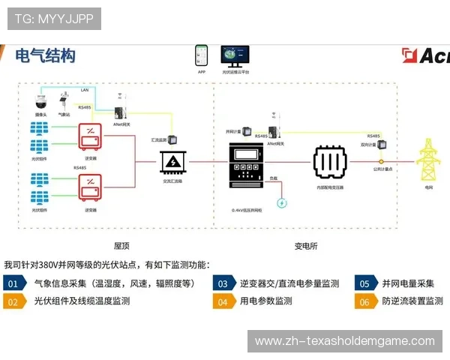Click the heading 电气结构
tap(46, 55)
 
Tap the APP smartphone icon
tap(201, 57)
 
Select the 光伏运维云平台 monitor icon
tap(235, 55)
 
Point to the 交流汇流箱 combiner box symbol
tap(173, 160)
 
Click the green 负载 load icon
tap(282, 202)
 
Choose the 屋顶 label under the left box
tap(122, 246)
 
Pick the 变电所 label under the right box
tap(305, 246)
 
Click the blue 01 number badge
tap(13, 283)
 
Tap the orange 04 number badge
tap(222, 301)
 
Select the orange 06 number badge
tap(364, 301)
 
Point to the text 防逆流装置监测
tap(413, 301)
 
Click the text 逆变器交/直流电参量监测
tap(289, 283)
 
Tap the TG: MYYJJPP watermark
tap(53, 19)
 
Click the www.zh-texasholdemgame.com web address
tap(344, 341)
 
